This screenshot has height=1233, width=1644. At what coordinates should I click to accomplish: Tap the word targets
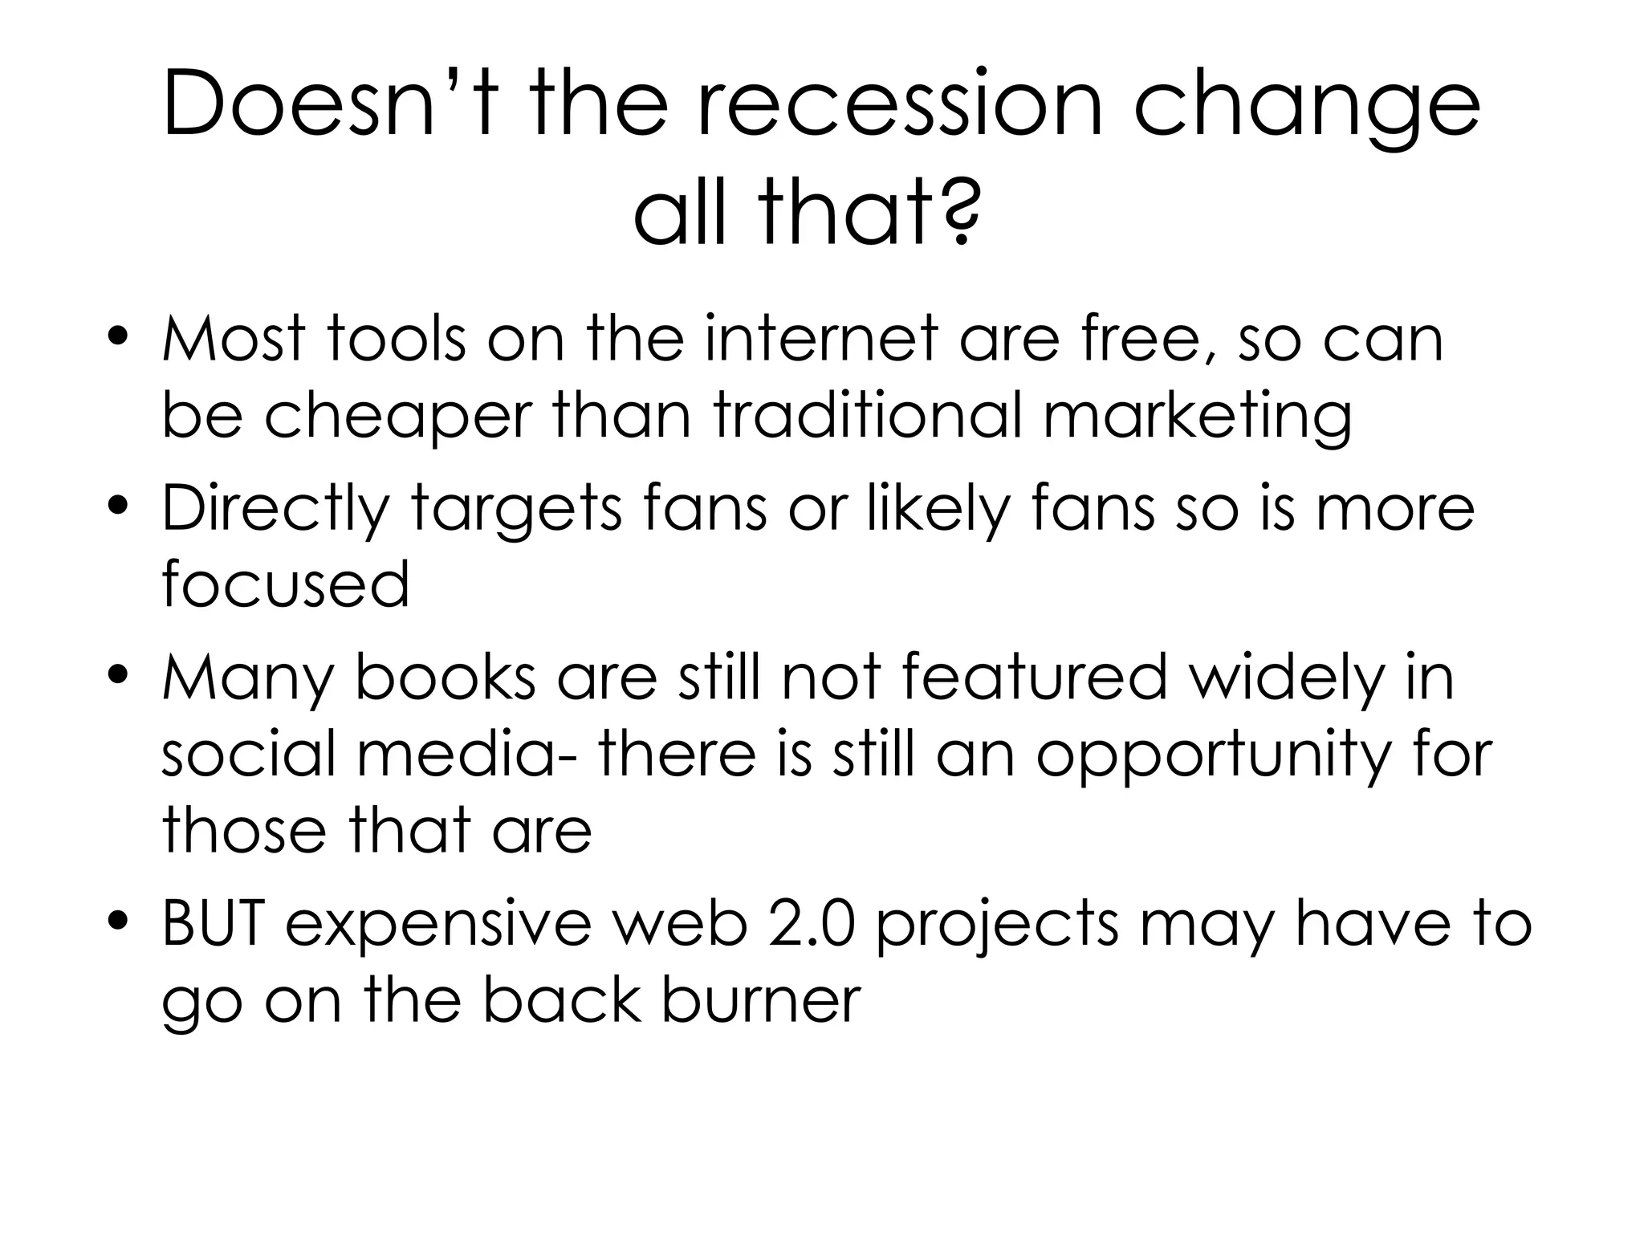tap(517, 511)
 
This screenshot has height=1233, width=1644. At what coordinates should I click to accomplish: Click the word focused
tap(286, 584)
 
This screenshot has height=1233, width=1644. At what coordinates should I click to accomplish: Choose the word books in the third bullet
tap(446, 677)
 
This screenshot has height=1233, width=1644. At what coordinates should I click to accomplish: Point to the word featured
tap(1034, 677)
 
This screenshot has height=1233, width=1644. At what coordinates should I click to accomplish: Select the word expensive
tap(438, 926)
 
